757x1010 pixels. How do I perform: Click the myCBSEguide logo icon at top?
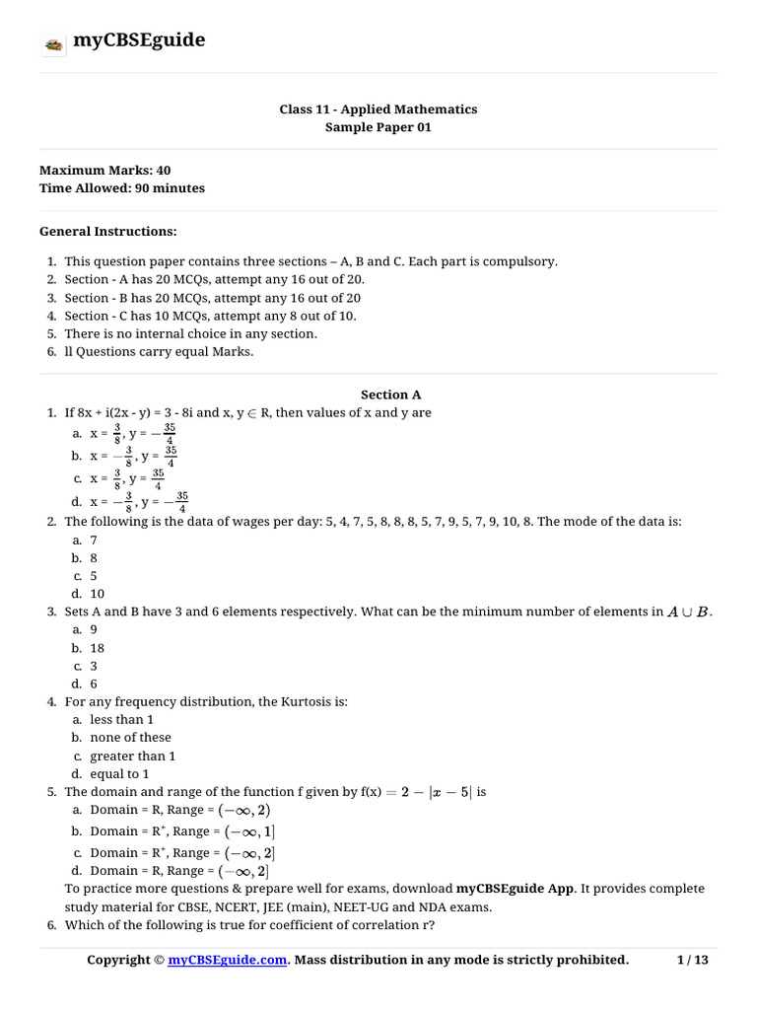tap(53, 43)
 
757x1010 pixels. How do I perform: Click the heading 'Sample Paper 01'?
tap(378, 127)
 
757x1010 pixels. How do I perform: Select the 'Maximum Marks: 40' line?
tap(104, 171)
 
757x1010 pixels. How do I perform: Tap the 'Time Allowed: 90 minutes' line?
tap(122, 188)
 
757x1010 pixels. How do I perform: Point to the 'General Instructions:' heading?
tap(108, 232)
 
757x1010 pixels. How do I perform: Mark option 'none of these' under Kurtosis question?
tap(130, 738)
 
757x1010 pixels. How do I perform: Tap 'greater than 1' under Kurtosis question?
tap(132, 757)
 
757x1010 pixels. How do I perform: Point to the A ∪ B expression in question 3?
tap(688, 613)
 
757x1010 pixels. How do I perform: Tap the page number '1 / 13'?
tap(693, 961)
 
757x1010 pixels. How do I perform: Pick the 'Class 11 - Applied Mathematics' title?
tap(378, 109)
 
